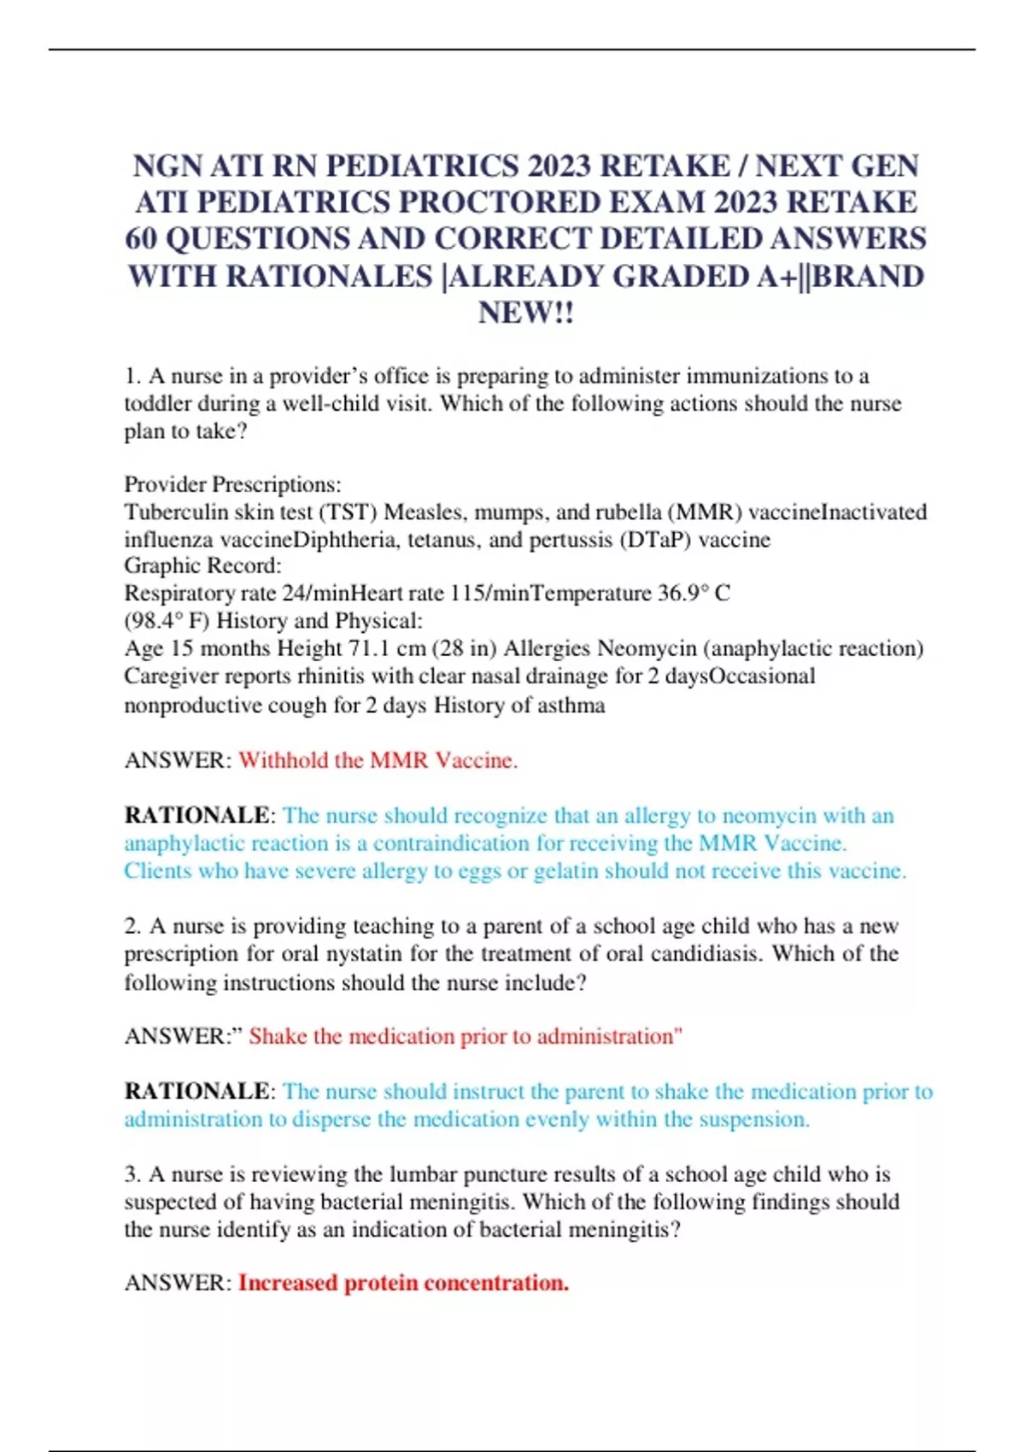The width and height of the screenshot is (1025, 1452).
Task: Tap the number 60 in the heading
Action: [139, 239]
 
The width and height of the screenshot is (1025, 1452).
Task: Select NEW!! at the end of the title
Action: [525, 313]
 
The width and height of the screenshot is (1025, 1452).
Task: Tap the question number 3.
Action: [132, 1174]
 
